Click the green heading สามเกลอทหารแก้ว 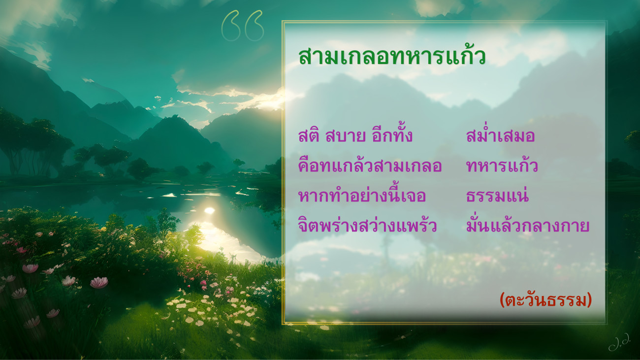[392, 56]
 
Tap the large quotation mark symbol [242, 26]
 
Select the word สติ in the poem [309, 135]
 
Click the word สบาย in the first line [345, 136]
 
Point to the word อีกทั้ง [392, 134]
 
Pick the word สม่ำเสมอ [500, 135]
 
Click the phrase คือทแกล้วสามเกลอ [370, 165]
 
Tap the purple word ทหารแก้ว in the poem [502, 165]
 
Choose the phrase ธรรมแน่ [497, 196]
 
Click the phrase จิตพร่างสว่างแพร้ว [367, 225]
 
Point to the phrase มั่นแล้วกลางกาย [528, 225]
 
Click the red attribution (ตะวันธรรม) [545, 300]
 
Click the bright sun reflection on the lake [209, 211]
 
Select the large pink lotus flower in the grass [99, 283]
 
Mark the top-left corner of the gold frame [282, 21]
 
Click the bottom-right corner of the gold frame [606, 324]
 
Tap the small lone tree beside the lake [238, 164]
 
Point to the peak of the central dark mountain [173, 116]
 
